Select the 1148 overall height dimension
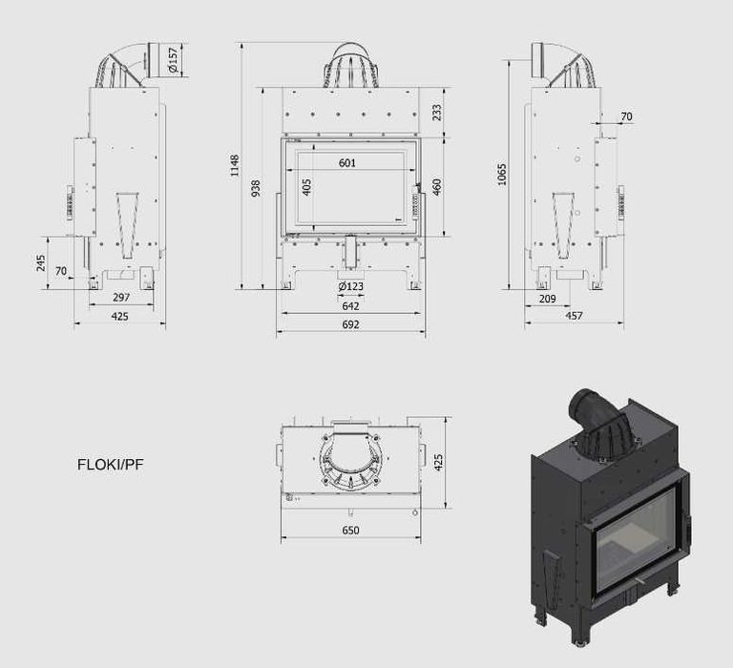tap(234, 165)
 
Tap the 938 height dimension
tap(255, 189)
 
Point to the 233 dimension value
tap(437, 113)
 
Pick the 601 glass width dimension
tap(347, 163)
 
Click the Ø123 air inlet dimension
tap(350, 286)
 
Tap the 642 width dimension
tap(350, 306)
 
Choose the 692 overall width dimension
tap(350, 325)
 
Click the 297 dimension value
tap(120, 298)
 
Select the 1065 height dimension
tap(502, 174)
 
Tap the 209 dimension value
tap(547, 299)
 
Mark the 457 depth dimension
tap(574, 316)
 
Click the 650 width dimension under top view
tap(350, 530)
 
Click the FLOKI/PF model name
tap(111, 466)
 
